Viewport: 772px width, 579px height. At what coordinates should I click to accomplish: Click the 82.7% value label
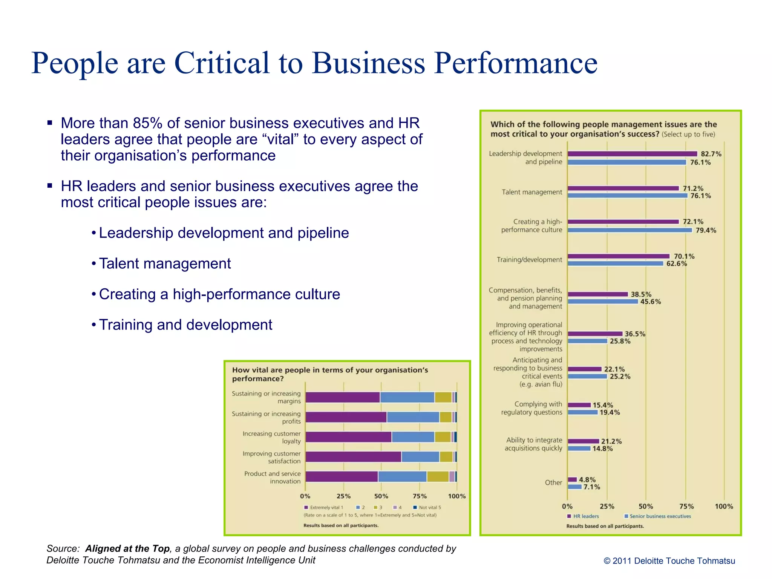711,154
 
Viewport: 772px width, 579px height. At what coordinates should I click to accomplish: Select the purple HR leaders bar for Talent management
623,188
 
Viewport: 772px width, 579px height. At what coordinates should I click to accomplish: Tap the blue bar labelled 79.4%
630,230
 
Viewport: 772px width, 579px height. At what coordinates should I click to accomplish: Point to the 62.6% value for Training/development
677,263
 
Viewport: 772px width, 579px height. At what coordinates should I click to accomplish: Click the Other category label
553,482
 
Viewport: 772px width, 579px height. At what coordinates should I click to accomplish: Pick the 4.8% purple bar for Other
572,479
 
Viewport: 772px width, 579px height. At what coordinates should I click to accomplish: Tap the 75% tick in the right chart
686,506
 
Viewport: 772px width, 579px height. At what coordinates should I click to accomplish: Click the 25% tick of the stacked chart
343,496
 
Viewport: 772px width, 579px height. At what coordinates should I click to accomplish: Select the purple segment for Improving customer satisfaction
353,457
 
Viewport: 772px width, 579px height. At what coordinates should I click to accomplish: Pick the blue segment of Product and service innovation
402,476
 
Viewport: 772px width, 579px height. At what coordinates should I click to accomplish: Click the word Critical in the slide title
222,63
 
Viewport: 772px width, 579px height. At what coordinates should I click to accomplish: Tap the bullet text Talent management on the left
165,263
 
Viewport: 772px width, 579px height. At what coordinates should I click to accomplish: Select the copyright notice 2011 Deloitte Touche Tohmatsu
669,561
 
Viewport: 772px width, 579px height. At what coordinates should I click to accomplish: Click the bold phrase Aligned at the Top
127,548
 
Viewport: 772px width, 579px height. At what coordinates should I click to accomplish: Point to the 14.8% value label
602,449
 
